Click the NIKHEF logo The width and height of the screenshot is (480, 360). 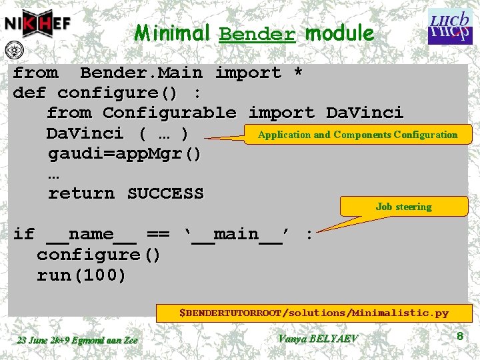[x=37, y=23]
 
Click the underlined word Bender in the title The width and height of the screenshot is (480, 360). [x=257, y=33]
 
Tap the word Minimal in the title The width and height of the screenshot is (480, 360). [x=173, y=33]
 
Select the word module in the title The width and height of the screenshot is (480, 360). [x=339, y=33]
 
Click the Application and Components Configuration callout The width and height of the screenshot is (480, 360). [x=357, y=135]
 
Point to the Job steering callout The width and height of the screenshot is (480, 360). [x=403, y=207]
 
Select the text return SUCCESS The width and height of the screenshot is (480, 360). [x=125, y=193]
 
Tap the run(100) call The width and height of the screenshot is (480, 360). [x=81, y=275]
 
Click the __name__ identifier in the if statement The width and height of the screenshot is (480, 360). [x=92, y=234]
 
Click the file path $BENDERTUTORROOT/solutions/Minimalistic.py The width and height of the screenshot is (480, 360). [x=313, y=312]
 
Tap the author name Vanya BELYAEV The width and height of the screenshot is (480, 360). [x=317, y=339]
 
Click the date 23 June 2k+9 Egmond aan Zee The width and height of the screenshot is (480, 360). [x=77, y=340]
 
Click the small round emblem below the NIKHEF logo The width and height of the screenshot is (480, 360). [x=12, y=50]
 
